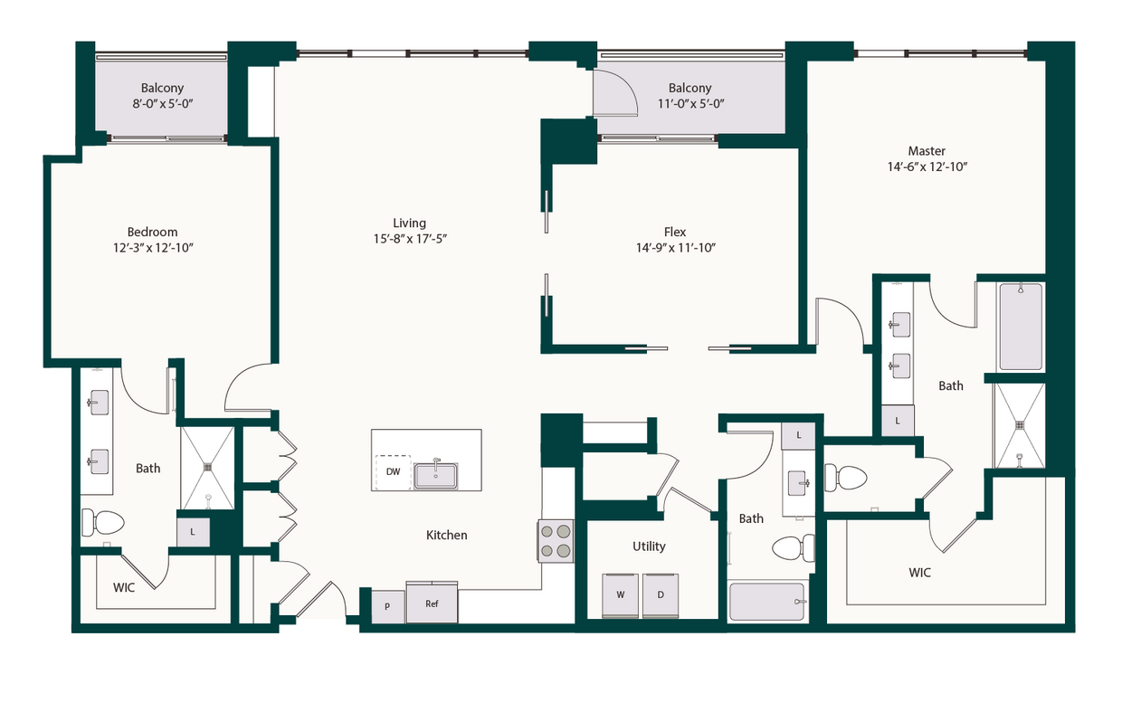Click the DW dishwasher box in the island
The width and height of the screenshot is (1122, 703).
pos(393,471)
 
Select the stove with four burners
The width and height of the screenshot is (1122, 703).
pos(556,541)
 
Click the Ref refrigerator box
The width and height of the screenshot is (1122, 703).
pos(432,603)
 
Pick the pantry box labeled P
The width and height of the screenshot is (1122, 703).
pos(387,606)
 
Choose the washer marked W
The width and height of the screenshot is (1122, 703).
pos(621,595)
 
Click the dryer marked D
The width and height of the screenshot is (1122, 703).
pos(661,595)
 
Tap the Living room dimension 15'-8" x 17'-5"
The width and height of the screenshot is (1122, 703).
pos(409,239)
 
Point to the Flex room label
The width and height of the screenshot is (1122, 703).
pos(675,232)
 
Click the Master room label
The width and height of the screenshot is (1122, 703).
pos(927,151)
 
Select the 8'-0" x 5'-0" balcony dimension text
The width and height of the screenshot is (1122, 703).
pos(162,104)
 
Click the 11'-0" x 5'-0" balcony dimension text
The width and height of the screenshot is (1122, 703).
pos(689,104)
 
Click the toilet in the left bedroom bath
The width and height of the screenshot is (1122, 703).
pos(103,523)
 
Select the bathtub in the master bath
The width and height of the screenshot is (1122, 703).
pos(1020,326)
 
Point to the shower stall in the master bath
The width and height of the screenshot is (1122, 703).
pos(1019,425)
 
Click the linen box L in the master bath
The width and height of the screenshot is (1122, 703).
pos(898,421)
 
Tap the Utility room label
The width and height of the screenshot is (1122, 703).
pos(649,546)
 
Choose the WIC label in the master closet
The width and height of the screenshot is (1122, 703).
pos(920,573)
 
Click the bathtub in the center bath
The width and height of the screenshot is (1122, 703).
pos(767,602)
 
